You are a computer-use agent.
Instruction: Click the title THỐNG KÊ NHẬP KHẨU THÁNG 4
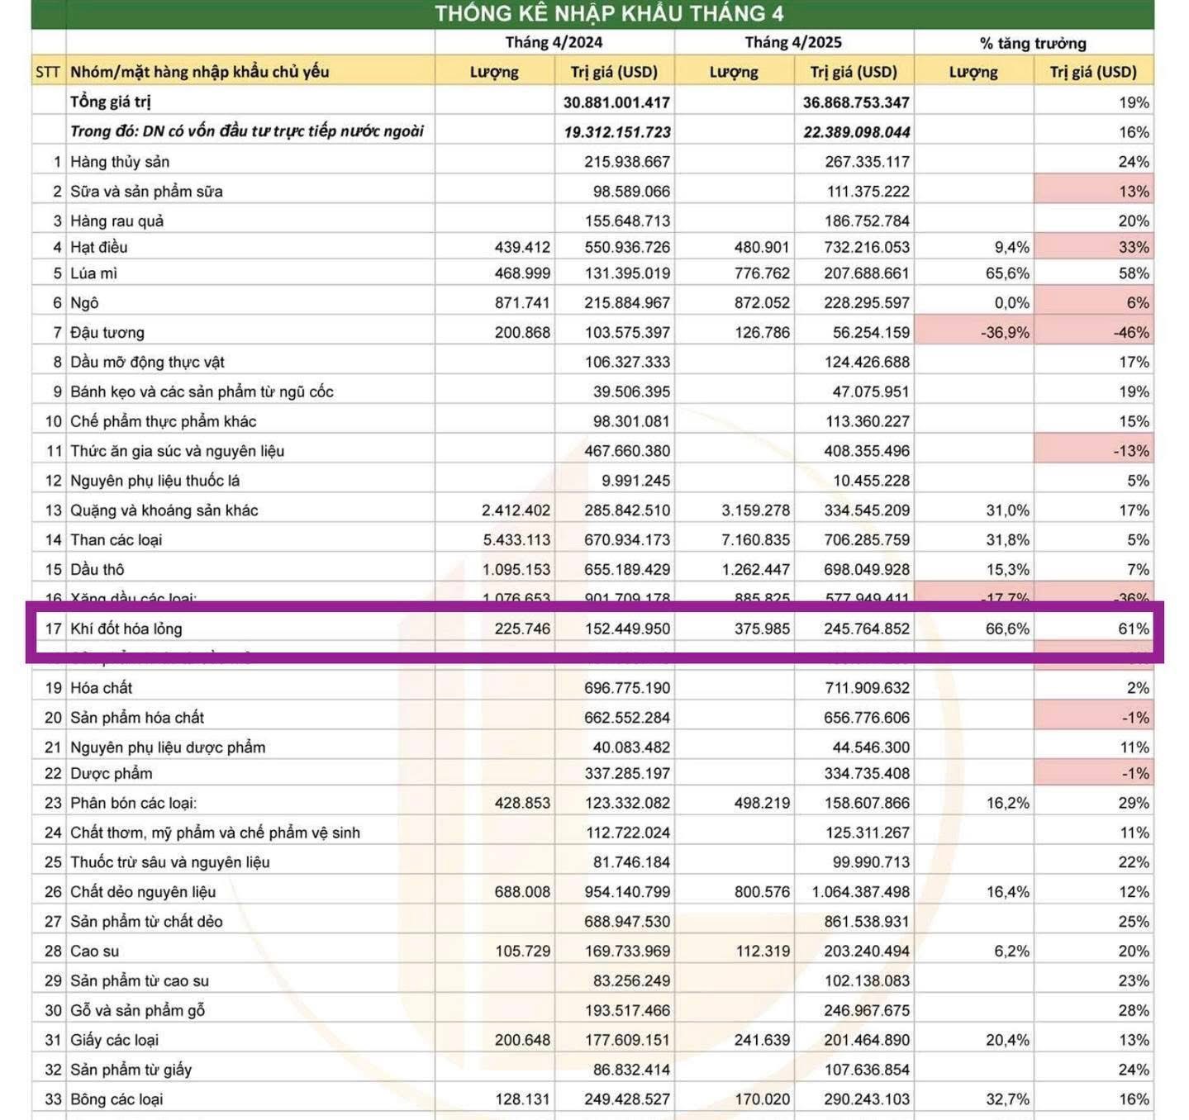[609, 14]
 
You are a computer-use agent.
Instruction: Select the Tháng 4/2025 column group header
[793, 42]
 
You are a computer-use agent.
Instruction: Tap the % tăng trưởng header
[1033, 43]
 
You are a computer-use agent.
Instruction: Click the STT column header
[48, 72]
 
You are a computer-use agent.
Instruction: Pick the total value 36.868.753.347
[856, 102]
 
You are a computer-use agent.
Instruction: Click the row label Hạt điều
[99, 247]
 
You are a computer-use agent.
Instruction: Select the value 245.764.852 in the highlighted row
[866, 629]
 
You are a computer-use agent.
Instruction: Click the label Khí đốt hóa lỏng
[126, 629]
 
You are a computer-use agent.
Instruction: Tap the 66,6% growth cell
[1007, 629]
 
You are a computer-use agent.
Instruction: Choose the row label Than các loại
[117, 540]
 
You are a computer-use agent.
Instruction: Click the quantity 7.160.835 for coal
[755, 540]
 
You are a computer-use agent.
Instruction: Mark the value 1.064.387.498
[861, 892]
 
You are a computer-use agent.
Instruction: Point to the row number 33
[53, 1099]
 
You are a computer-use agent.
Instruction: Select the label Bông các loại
[117, 1099]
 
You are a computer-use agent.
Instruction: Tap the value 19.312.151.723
[617, 132]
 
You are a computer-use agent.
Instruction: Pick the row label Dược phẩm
[112, 774]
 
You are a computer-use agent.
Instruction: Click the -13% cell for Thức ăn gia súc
[1130, 451]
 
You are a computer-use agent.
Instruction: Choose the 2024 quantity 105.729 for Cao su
[522, 952]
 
